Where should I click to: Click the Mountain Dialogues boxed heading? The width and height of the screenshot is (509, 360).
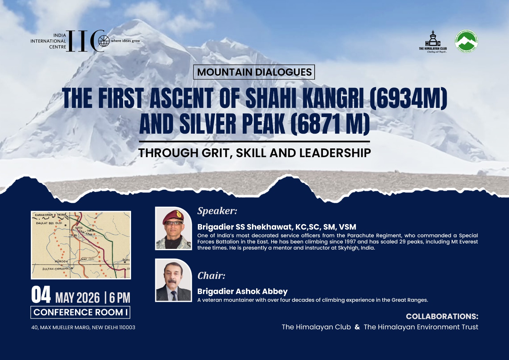pos(254,72)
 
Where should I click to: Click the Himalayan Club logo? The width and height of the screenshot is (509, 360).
pos(433,41)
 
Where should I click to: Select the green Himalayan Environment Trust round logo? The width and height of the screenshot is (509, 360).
pos(466,41)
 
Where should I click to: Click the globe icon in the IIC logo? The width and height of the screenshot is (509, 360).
pos(104,41)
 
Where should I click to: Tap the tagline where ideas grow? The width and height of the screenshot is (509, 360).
pos(125,41)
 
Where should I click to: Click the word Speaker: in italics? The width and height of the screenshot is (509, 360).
pos(217,211)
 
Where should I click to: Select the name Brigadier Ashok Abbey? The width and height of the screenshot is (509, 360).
pos(242,291)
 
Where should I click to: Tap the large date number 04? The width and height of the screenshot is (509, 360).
pos(41,295)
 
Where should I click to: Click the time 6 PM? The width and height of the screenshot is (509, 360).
pos(120,298)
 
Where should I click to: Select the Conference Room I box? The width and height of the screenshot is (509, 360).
pos(80,312)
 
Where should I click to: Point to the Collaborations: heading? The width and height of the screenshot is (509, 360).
pos(442,316)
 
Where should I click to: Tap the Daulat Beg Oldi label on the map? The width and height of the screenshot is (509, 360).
pos(49,223)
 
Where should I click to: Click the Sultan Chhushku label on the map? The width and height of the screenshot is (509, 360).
pos(56,269)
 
